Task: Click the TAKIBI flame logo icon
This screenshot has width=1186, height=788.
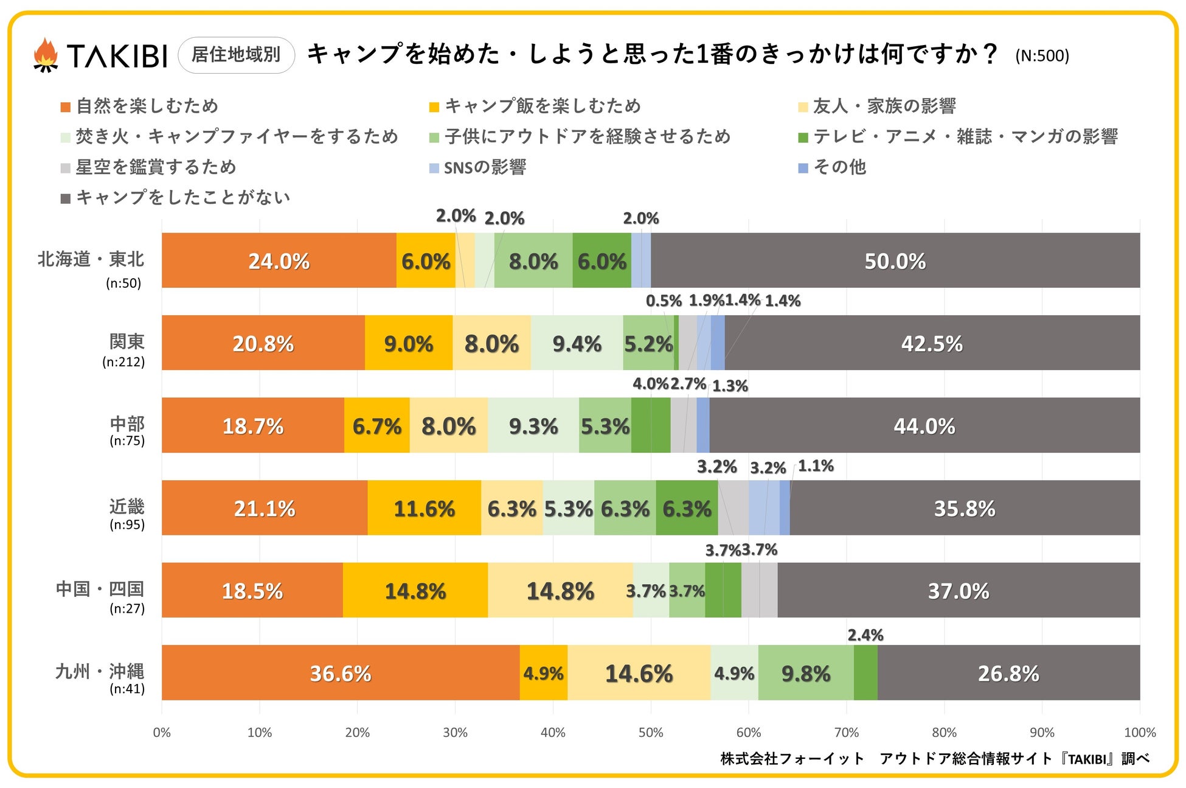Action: click(46, 55)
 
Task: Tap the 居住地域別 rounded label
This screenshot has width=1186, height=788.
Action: click(236, 55)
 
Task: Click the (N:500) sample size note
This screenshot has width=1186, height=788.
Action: click(1041, 56)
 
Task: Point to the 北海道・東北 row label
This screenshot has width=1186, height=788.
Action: click(91, 260)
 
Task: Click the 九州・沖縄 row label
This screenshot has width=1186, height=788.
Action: click(100, 672)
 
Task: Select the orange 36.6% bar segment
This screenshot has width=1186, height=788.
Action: click(341, 673)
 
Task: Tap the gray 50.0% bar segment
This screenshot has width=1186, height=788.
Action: click(895, 261)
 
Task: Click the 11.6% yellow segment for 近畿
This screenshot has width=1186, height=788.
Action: click(424, 508)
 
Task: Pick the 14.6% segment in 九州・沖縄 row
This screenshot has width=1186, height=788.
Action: click(639, 673)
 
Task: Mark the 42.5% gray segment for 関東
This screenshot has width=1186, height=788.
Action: click(932, 343)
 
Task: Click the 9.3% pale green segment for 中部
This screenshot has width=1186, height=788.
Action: click(533, 426)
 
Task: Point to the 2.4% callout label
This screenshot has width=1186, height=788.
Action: click(865, 635)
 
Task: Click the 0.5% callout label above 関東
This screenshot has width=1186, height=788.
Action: click(663, 301)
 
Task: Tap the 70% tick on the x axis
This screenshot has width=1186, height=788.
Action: click(846, 733)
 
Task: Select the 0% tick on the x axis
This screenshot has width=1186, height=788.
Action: click(162, 733)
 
